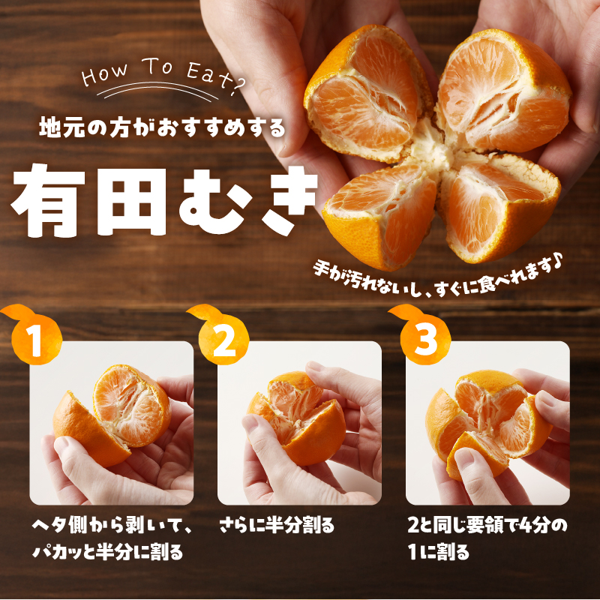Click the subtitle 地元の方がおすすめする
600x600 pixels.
pyautogui.click(x=162, y=127)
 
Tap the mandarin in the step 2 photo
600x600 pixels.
pyautogui.click(x=296, y=417)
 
